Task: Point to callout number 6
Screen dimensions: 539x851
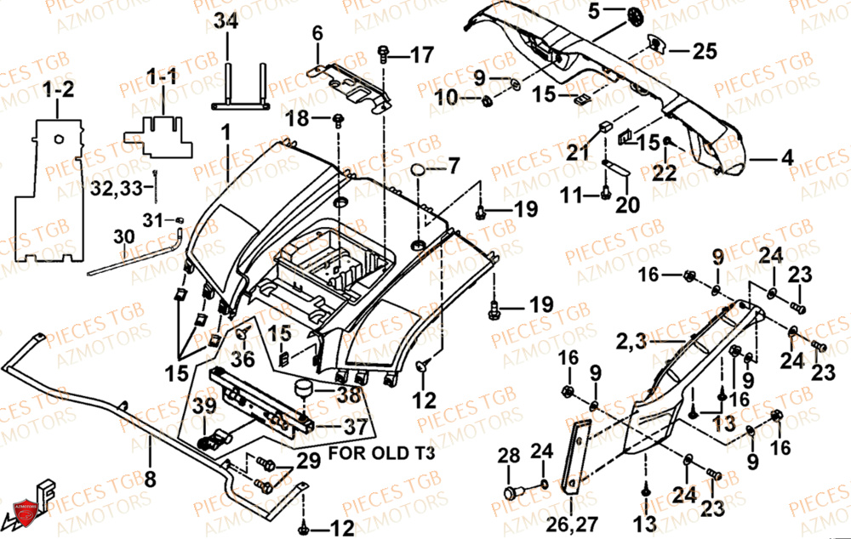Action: tap(317, 33)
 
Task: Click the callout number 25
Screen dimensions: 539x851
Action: tap(704, 53)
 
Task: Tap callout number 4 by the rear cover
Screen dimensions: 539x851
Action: tap(785, 157)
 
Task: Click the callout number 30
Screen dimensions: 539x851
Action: tap(123, 235)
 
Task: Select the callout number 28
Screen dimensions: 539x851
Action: tap(509, 457)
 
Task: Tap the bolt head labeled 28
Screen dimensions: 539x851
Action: tap(513, 491)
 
